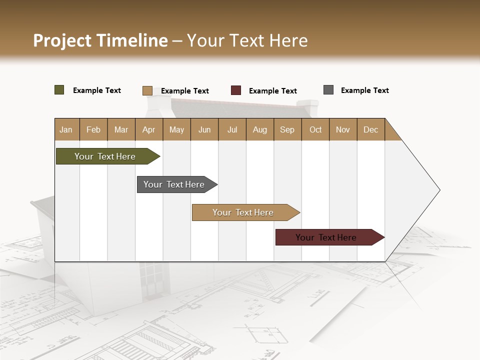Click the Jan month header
[x=66, y=129]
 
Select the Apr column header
[x=149, y=129]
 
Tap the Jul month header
[x=232, y=129]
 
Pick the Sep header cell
[x=287, y=129]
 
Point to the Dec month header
[x=370, y=129]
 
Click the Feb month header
[x=93, y=129]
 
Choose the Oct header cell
[x=315, y=129]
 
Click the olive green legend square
[x=59, y=90]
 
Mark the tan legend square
[x=147, y=90]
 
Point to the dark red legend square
[x=236, y=90]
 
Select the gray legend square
[x=328, y=90]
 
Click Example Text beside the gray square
[x=364, y=90]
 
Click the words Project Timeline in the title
[x=100, y=40]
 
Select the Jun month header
[x=204, y=129]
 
